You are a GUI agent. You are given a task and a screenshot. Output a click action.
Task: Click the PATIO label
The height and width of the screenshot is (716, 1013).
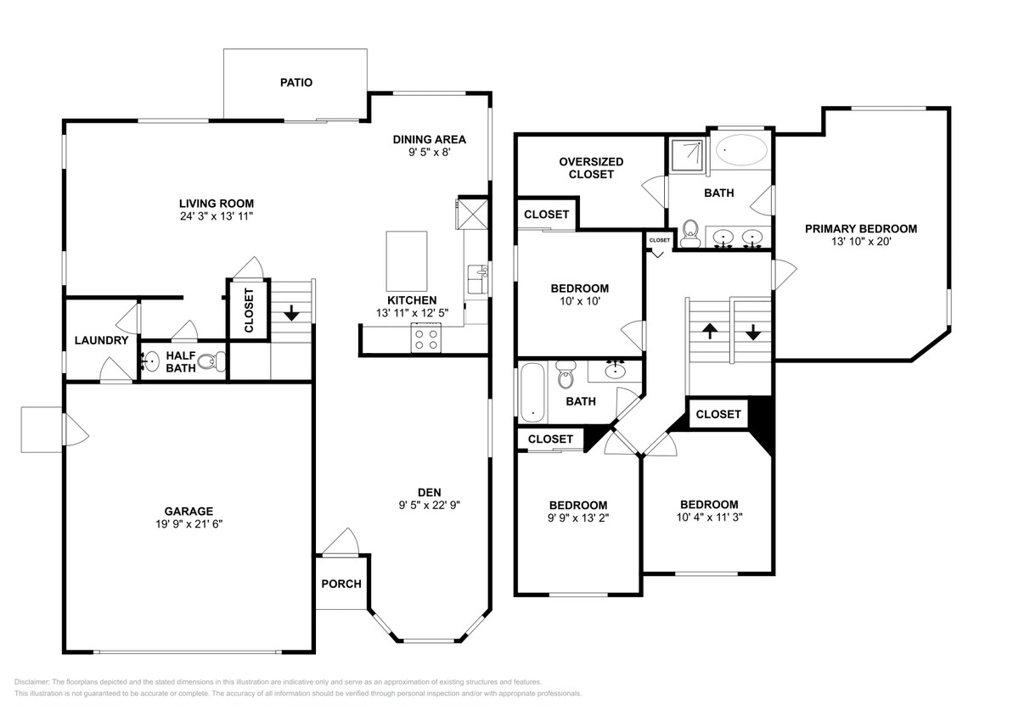295,82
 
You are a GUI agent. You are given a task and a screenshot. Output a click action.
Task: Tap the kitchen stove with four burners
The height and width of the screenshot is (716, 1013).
425,339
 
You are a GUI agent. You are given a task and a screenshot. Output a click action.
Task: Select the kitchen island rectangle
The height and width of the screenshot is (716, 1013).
407,261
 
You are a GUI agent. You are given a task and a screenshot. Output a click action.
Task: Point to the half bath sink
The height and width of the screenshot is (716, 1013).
150,361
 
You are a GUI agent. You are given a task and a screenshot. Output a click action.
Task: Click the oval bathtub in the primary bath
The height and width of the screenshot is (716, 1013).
741,150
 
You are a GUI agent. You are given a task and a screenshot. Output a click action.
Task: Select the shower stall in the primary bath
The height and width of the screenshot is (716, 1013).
688,155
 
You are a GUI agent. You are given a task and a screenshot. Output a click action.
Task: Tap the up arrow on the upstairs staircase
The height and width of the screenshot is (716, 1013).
710,331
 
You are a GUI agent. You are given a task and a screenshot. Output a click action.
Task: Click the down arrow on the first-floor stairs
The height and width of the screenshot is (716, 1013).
291,312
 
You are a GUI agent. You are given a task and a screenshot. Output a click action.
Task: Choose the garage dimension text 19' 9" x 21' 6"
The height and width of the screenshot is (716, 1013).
189,524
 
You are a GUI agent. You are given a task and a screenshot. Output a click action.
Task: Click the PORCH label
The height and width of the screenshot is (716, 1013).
341,584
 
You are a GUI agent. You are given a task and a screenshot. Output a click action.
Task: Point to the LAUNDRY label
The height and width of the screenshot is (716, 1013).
101,340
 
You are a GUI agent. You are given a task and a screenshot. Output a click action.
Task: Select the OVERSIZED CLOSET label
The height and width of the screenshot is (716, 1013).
591,168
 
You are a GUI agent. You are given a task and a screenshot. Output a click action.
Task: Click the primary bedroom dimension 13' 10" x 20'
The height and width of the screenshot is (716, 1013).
861,242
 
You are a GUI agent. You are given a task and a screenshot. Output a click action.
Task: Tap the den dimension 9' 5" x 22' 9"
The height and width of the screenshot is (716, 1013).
429,506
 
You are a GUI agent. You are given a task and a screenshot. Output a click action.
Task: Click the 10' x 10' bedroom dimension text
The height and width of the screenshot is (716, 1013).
579,301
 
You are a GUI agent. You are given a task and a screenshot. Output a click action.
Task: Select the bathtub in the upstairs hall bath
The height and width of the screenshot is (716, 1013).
533,392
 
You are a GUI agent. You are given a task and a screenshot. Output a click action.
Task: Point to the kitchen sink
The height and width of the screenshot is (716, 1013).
477,280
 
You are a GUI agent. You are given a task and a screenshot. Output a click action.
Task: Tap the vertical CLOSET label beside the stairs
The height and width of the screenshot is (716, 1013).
249,310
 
